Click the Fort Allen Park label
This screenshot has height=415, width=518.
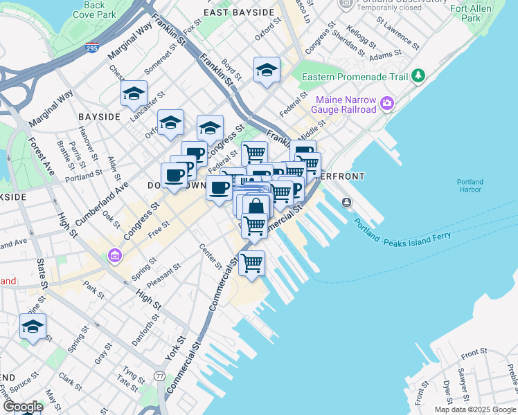click(x=483, y=13)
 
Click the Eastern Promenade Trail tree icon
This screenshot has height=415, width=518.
click(x=418, y=75)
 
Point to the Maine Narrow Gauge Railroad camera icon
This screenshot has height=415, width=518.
click(x=386, y=104)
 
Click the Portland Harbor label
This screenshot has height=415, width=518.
click(x=470, y=185)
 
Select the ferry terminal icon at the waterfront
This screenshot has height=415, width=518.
click(x=346, y=202)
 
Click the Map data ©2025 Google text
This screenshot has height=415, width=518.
click(x=475, y=409)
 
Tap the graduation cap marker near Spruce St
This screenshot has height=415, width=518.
click(x=33, y=327)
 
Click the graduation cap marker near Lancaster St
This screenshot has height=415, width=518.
click(x=133, y=95)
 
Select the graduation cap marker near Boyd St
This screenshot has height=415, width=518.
click(x=266, y=70)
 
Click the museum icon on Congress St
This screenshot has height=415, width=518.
click(x=114, y=257)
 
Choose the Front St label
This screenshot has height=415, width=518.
click(x=474, y=353)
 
